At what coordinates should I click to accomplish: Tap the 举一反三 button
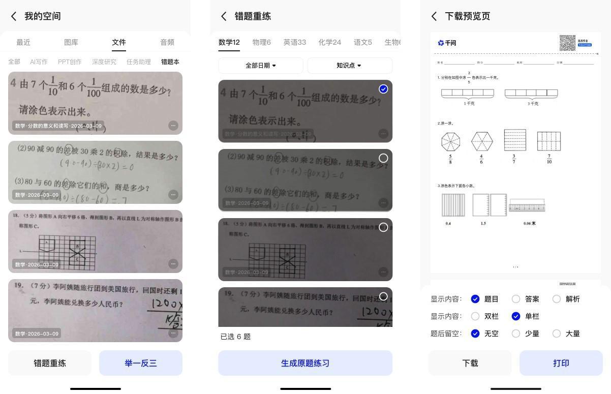tap(140, 363)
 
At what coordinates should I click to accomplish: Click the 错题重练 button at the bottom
tap(50, 363)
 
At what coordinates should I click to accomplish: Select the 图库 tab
tap(71, 42)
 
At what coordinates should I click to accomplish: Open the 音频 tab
tap(167, 42)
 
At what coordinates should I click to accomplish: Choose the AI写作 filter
tap(39, 62)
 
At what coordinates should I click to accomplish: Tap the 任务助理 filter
tap(138, 62)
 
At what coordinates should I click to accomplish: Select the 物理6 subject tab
tap(261, 42)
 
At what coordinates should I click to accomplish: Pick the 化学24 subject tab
tap(329, 42)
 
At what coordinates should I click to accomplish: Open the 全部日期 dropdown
tap(261, 66)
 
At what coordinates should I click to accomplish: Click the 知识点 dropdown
tap(349, 66)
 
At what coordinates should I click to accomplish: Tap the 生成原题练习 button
tap(305, 363)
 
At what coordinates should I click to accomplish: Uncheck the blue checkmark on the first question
tap(383, 89)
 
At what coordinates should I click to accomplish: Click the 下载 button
tap(470, 363)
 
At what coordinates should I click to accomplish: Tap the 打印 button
tap(561, 363)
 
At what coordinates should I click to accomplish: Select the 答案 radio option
tap(516, 299)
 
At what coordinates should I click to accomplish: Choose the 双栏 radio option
tap(475, 316)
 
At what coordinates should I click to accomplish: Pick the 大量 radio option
tap(557, 334)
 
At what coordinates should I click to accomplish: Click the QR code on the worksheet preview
tap(567, 43)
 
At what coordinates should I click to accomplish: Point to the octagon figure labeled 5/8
tap(450, 141)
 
